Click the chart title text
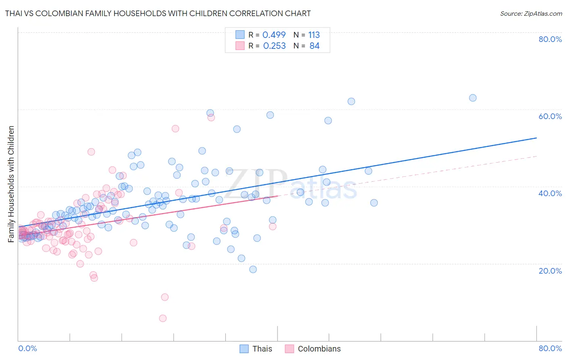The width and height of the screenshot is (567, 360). coord(158,13)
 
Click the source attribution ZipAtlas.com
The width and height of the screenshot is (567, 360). coord(531,13)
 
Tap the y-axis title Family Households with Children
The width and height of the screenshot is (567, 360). coord(11,184)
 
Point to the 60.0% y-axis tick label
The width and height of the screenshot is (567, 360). coord(550,116)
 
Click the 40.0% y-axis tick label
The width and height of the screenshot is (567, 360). coord(550,193)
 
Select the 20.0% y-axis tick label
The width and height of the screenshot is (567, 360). coord(550,271)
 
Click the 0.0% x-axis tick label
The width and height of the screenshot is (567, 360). coord(27,348)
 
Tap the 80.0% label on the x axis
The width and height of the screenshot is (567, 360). coord(550,348)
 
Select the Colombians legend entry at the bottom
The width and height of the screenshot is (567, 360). coord(313,349)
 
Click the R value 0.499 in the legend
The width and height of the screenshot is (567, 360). coord(274,35)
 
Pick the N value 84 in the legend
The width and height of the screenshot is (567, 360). coord(314,46)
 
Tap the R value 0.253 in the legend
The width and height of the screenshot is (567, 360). coord(274,46)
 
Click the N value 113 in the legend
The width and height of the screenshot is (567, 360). coord(314,35)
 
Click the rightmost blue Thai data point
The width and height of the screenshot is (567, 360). coord(473,98)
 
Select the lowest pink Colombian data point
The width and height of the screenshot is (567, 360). coord(163,318)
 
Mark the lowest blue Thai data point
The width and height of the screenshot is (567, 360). coord(253,269)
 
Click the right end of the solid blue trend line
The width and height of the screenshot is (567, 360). coord(536,138)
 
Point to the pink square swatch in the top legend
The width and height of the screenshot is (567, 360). coord(240,46)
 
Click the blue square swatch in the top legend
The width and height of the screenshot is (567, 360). coord(240,35)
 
